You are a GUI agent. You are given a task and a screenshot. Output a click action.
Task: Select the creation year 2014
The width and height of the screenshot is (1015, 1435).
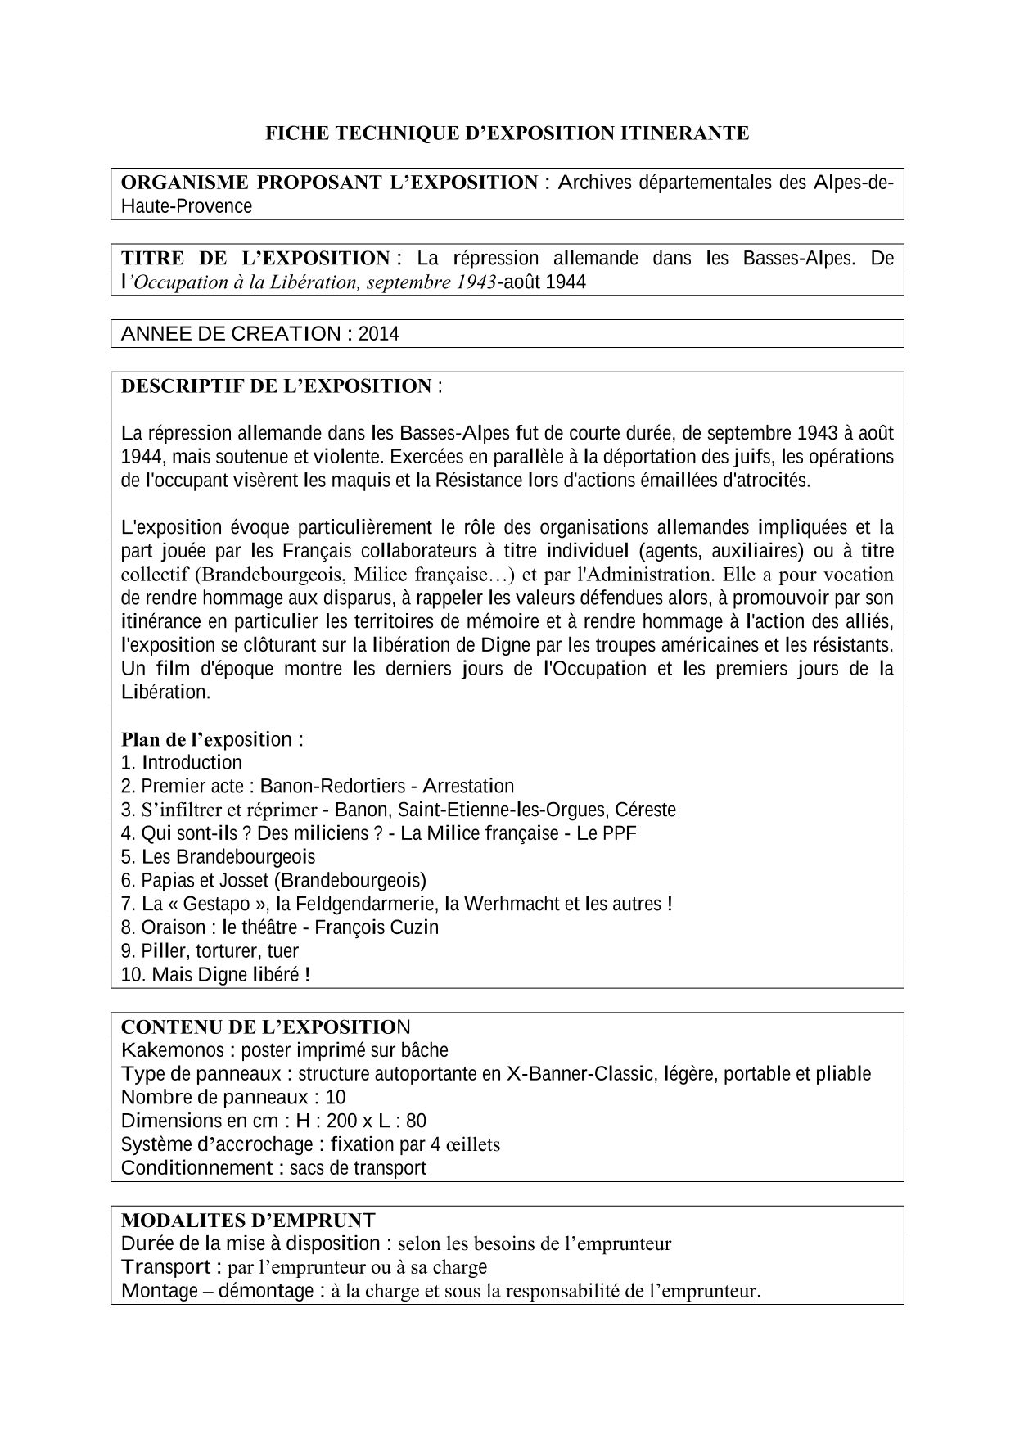378,334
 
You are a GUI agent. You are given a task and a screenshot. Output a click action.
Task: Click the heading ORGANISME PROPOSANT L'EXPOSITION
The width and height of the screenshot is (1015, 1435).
329,183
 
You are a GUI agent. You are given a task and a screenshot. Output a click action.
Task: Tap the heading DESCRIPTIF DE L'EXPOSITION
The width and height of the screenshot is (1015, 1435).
276,386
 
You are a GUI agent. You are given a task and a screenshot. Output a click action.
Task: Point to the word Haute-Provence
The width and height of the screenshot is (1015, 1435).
187,206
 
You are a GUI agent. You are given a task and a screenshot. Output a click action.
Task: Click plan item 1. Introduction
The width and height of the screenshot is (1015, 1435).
182,763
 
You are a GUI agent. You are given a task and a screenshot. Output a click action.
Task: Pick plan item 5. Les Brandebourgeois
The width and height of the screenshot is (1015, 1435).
218,857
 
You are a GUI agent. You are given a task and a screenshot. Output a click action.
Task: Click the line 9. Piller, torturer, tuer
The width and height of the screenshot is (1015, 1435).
210,951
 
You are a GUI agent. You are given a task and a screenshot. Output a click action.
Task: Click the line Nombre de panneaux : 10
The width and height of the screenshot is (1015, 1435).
233,1098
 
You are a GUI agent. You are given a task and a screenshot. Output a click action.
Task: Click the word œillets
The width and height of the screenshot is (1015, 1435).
472,1144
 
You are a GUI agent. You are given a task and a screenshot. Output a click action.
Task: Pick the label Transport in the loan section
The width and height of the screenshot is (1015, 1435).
166,1268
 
